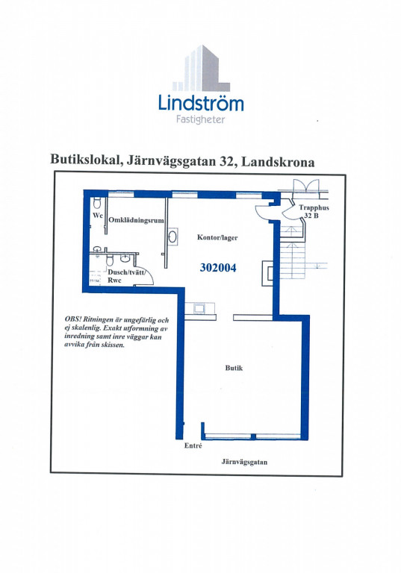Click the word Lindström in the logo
click(x=200, y=103)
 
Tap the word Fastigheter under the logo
click(x=200, y=119)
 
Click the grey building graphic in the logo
click(x=201, y=68)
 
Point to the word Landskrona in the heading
click(x=278, y=161)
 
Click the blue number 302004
click(x=218, y=268)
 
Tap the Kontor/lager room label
click(x=217, y=237)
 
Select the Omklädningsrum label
click(x=136, y=220)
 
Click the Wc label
click(x=98, y=216)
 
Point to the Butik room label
click(x=234, y=368)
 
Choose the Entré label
click(x=193, y=446)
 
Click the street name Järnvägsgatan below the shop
click(x=244, y=462)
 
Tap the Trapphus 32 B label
click(x=314, y=212)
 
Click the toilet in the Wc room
click(x=97, y=203)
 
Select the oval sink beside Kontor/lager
click(x=172, y=237)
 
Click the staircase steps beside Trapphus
click(x=293, y=252)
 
